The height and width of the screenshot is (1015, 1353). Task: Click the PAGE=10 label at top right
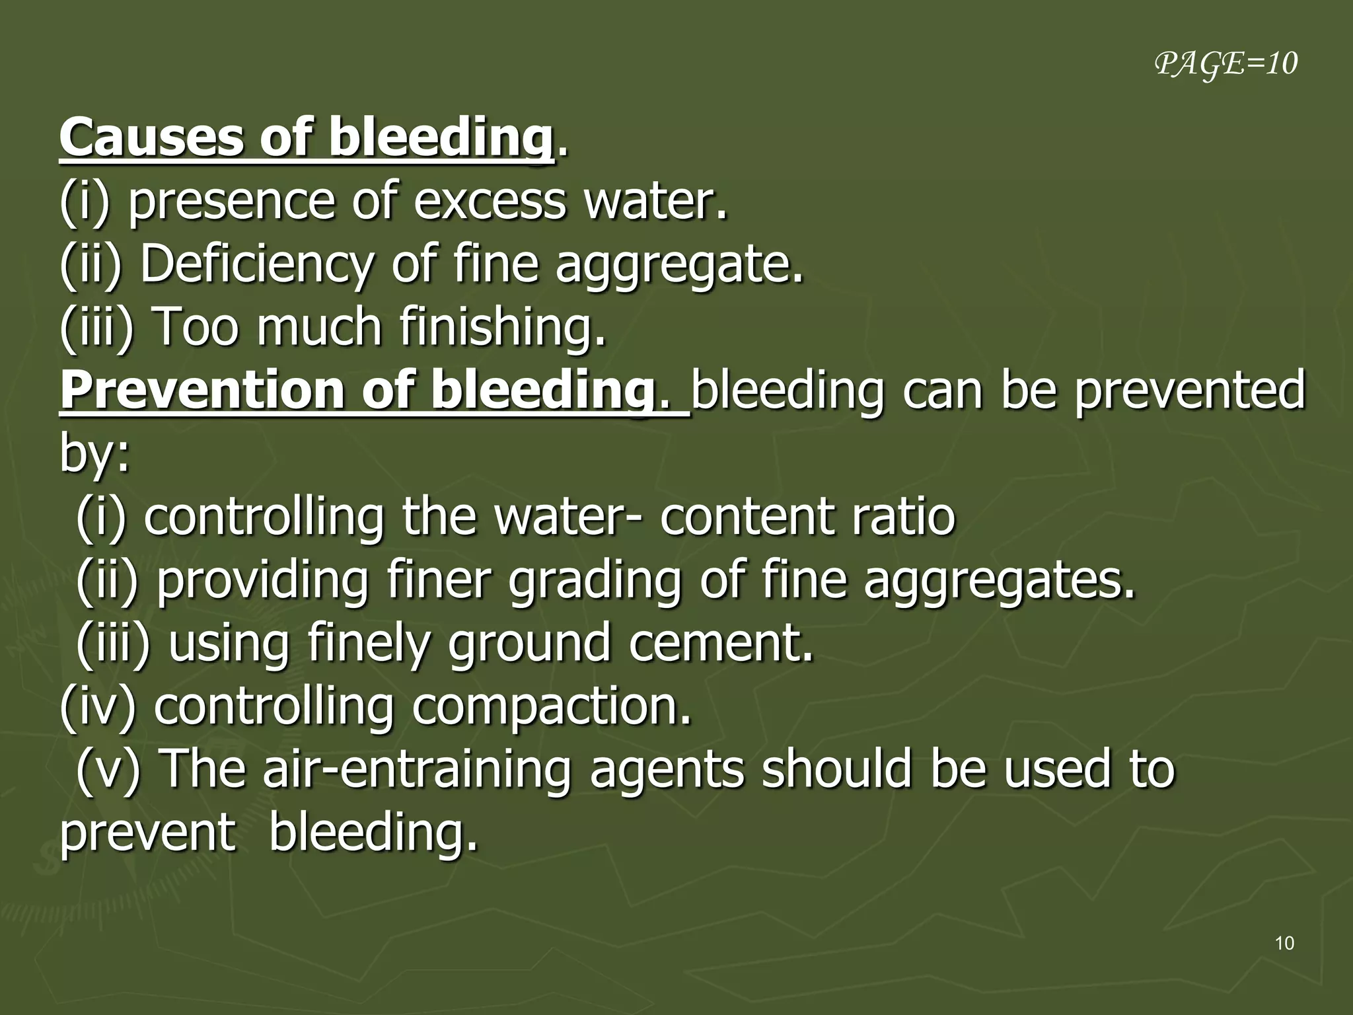click(x=1226, y=64)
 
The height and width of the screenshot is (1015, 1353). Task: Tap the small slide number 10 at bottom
click(x=1284, y=943)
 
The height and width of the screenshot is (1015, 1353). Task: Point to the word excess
click(x=489, y=201)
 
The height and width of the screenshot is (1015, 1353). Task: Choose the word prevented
click(x=1189, y=391)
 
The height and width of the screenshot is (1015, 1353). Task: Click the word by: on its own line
click(x=94, y=455)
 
